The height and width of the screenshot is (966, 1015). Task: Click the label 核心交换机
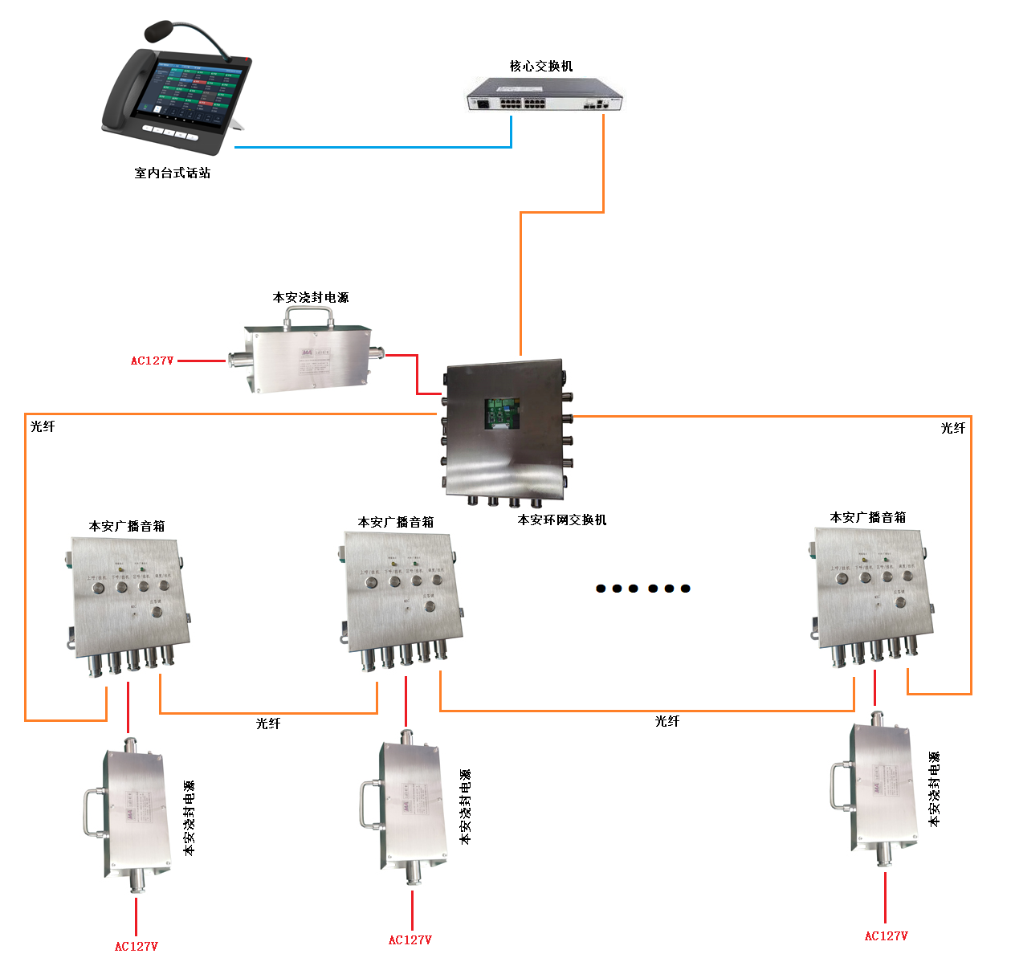(x=541, y=66)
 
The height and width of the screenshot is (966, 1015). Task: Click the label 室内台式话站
(x=173, y=173)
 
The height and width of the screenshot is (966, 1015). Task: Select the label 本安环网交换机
(x=562, y=520)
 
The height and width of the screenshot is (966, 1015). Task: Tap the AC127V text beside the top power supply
(x=152, y=361)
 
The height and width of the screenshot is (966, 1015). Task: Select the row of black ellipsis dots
(x=642, y=589)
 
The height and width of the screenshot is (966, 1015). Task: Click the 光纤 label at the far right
(x=953, y=429)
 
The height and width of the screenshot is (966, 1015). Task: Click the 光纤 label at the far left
(x=43, y=427)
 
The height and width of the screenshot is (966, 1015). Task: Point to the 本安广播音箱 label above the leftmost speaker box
(x=127, y=527)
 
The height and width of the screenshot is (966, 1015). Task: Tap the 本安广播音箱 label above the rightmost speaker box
(x=868, y=518)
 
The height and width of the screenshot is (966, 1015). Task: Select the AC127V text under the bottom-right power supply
(x=886, y=936)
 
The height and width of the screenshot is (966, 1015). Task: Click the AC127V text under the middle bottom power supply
(x=410, y=940)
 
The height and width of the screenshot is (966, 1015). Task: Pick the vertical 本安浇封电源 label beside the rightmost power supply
(x=934, y=789)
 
